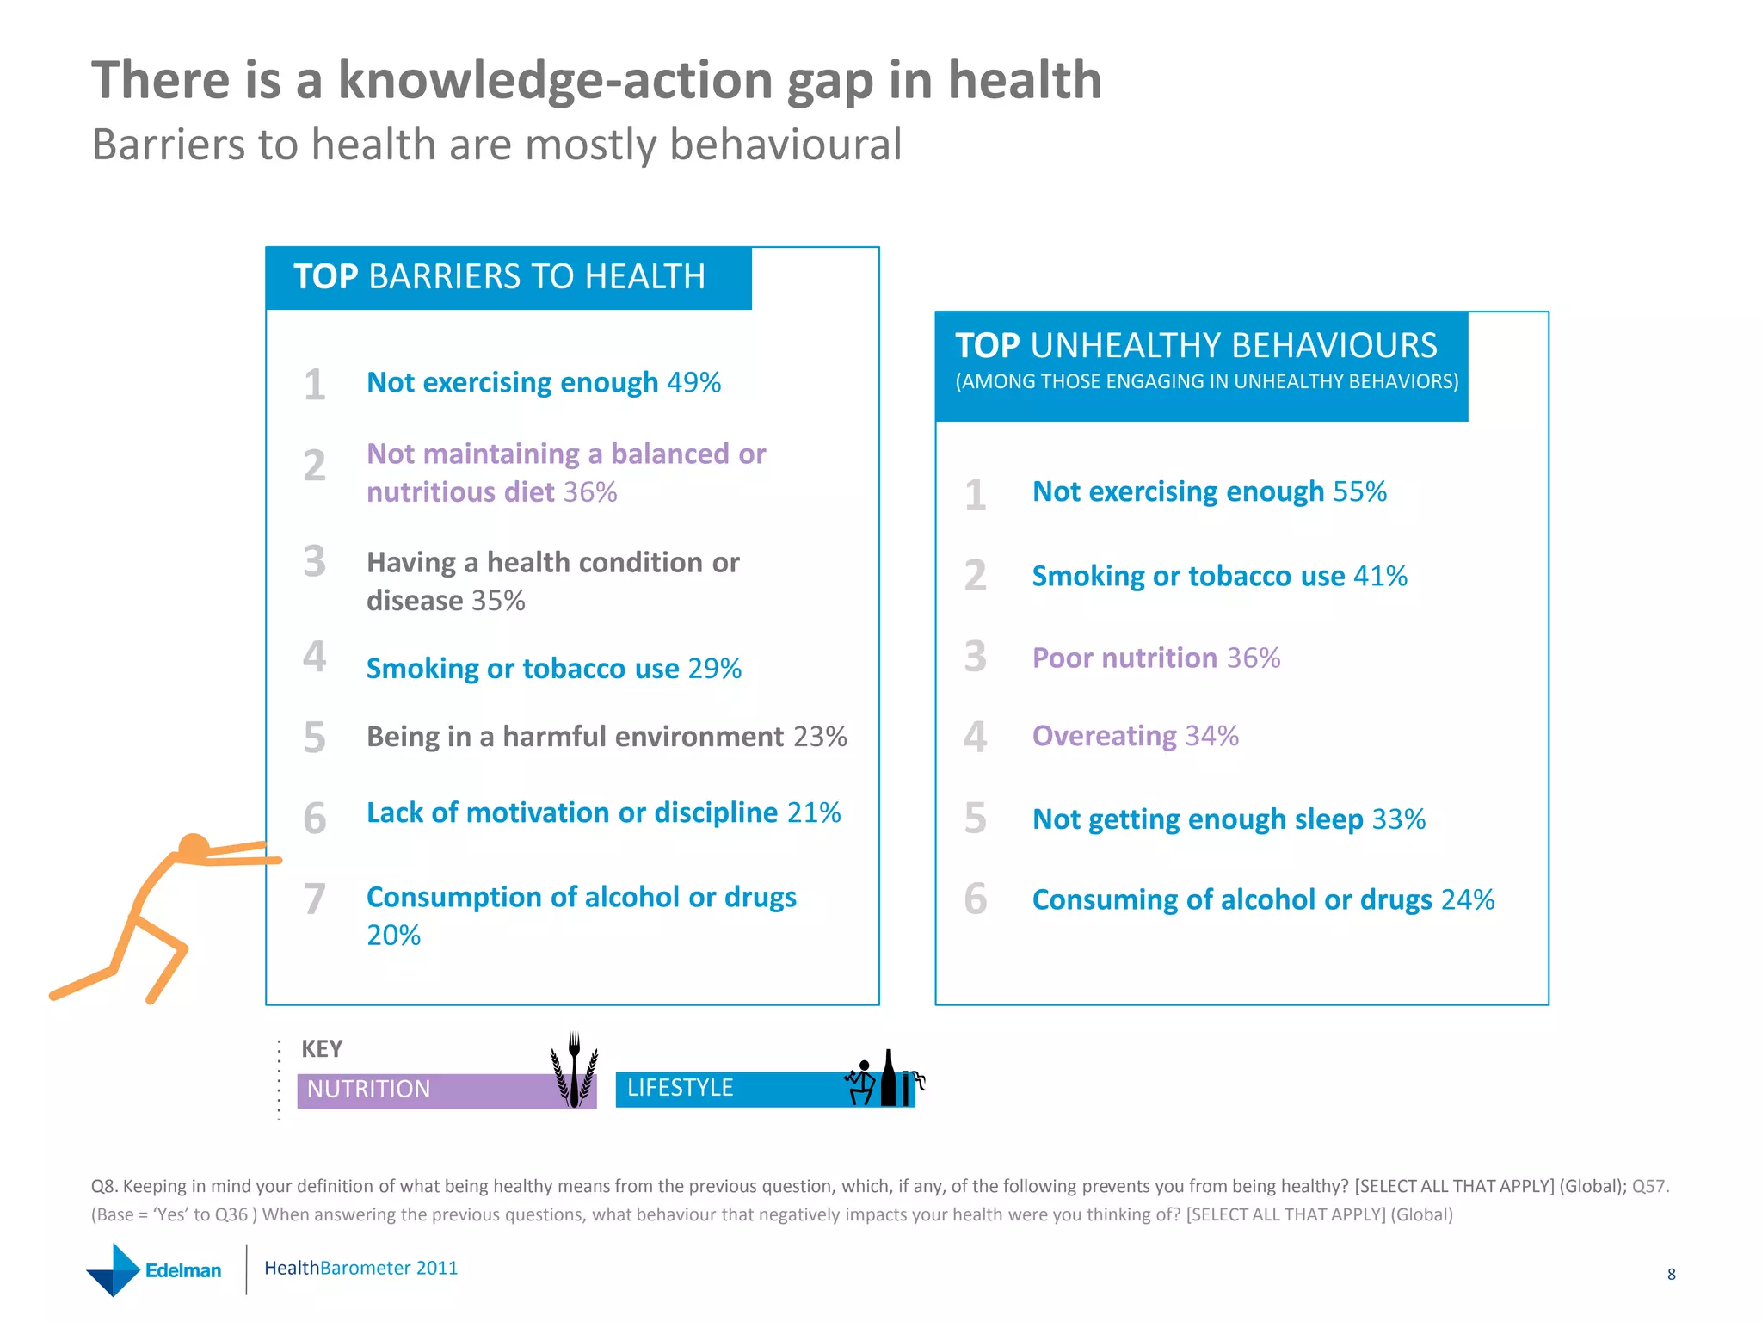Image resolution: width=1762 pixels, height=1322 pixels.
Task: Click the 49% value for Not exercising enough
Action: tap(693, 382)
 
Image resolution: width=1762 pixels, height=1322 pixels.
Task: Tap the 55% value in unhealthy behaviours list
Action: tap(1359, 491)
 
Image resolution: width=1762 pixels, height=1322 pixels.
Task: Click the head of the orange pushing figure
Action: tap(194, 847)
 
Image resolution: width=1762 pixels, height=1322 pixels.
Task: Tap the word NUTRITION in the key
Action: tap(368, 1090)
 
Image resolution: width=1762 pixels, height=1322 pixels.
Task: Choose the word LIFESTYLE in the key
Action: tap(680, 1088)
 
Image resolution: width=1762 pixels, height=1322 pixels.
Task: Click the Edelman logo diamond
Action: tap(114, 1270)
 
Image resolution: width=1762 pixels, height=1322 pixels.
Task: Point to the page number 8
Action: tap(1671, 1275)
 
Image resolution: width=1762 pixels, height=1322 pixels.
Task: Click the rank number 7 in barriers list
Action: tap(315, 899)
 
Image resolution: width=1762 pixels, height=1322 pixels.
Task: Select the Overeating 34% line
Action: tap(1135, 736)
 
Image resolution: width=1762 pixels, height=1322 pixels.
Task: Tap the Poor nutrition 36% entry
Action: tap(1155, 658)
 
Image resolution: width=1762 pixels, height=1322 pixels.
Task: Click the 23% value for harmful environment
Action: tap(820, 737)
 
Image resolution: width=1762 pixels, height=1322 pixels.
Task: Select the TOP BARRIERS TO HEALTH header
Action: tap(500, 277)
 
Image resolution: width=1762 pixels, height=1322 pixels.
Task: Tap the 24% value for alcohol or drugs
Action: tap(1468, 899)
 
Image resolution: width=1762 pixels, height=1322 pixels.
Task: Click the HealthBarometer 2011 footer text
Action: tap(360, 1268)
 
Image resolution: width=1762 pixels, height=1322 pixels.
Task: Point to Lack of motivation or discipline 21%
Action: tap(603, 812)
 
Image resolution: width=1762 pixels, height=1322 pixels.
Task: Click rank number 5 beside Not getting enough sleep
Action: tap(975, 818)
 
